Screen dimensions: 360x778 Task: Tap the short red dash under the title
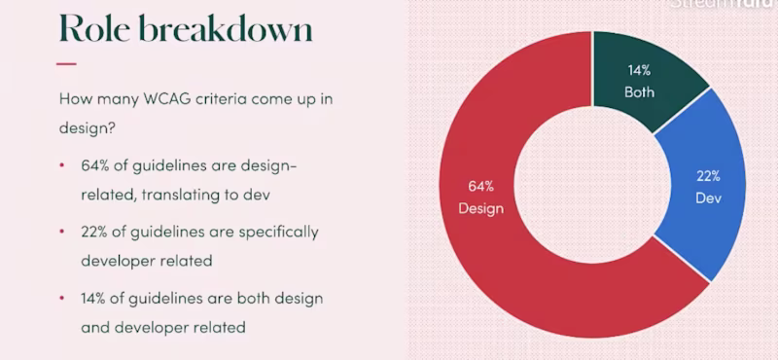[x=66, y=64]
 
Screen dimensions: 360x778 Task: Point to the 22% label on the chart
[x=707, y=176]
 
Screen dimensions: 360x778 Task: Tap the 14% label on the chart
[x=638, y=72]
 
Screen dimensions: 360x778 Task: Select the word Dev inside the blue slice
[x=707, y=197]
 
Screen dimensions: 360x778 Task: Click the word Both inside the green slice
[x=639, y=92]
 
